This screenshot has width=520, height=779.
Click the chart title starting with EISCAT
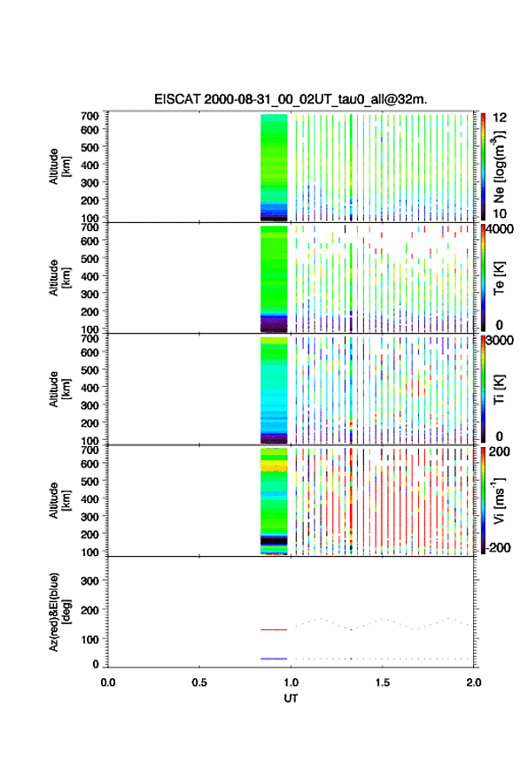coord(291,99)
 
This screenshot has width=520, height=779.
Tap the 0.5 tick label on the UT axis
coord(199,683)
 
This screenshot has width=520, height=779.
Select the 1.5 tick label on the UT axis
coord(383,683)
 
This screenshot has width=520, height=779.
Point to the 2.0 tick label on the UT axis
coord(474,683)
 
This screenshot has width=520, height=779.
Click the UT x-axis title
coord(291,698)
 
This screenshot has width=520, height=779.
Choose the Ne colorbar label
coord(500,167)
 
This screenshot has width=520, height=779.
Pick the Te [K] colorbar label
coord(499,278)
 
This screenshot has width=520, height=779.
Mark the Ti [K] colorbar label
coord(499,389)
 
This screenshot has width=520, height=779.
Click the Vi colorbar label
coord(499,500)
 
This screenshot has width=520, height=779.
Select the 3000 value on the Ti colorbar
coord(500,341)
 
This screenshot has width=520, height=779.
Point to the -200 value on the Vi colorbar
coord(498,547)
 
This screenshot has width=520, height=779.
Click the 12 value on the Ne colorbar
coord(501,118)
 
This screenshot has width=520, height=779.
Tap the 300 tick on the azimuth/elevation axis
coord(89,581)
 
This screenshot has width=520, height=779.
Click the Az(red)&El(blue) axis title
coord(59,612)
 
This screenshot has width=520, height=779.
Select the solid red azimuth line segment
coord(274,629)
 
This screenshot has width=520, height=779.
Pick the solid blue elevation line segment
coord(274,659)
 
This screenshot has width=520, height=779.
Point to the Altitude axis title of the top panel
coord(59,166)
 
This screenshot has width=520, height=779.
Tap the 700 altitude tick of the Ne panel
coord(89,116)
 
